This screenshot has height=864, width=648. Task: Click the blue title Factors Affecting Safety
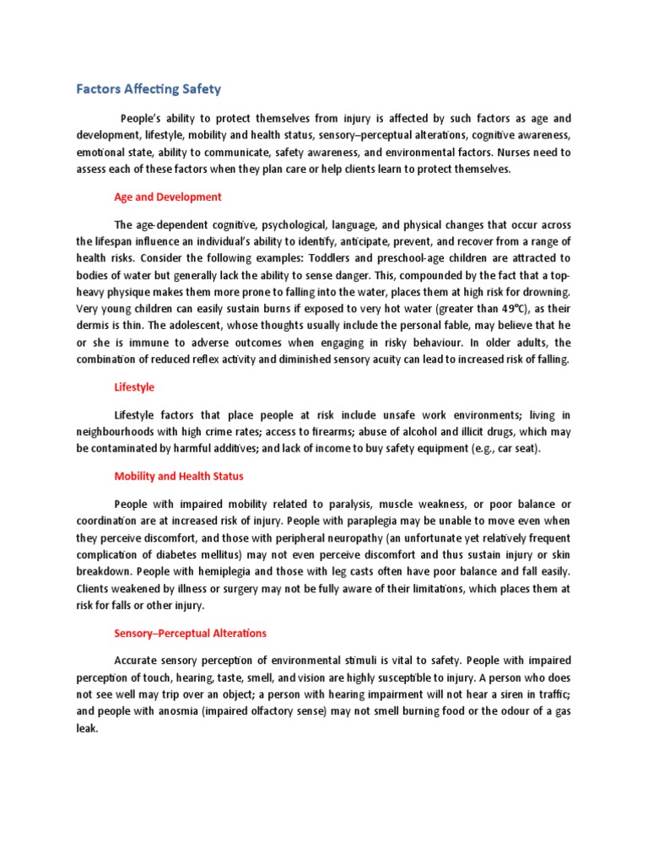pyautogui.click(x=148, y=88)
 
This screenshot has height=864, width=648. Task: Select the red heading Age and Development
pyautogui.click(x=168, y=197)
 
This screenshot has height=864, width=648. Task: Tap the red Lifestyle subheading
pyautogui.click(x=135, y=387)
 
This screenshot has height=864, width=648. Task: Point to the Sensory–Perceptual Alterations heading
pyautogui.click(x=190, y=633)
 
